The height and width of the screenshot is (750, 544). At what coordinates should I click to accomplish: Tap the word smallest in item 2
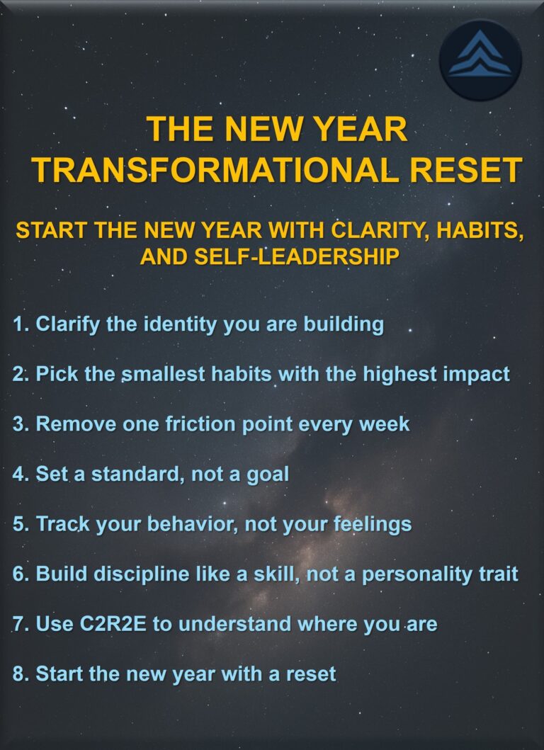157,374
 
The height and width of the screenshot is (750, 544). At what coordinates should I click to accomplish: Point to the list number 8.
19,674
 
